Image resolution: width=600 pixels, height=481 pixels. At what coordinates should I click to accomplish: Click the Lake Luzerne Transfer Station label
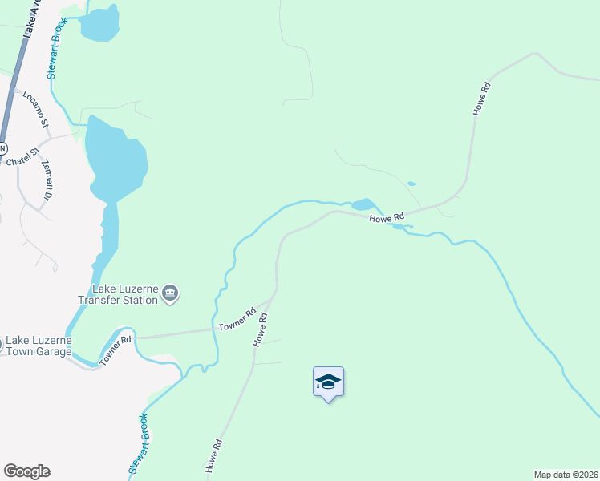tap(117, 295)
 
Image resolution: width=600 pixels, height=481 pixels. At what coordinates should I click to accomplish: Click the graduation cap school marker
tap(327, 382)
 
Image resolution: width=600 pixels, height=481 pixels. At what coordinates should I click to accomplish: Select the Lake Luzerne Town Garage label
tap(38, 346)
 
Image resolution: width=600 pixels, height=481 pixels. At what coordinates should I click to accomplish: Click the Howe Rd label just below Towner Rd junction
tap(260, 329)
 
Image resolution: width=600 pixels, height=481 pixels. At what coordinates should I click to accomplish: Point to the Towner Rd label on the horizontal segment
tap(237, 321)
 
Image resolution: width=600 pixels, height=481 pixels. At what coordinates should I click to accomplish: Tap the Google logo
tap(26, 471)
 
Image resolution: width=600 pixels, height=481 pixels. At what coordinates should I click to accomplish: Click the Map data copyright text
tap(566, 475)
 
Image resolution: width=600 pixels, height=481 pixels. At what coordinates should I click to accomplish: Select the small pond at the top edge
tap(99, 22)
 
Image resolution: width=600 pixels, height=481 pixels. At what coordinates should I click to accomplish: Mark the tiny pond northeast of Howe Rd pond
tap(411, 184)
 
